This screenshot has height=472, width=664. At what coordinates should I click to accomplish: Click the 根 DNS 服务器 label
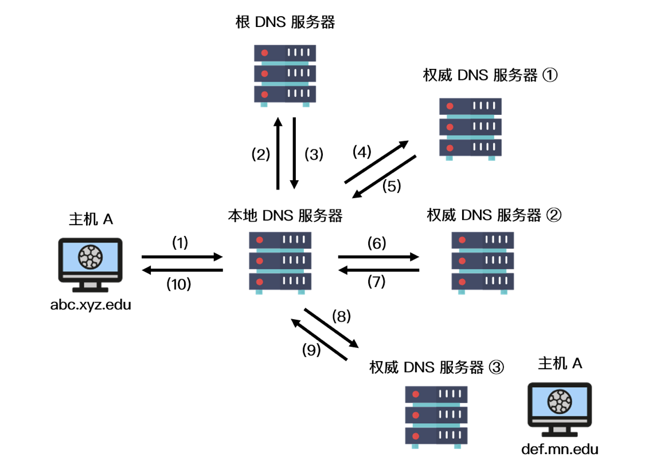coord(285,22)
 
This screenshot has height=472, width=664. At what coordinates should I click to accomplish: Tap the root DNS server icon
coord(285,74)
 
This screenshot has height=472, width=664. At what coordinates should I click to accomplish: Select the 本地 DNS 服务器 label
coord(285,216)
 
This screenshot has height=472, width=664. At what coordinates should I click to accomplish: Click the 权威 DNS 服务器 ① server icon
coord(470,127)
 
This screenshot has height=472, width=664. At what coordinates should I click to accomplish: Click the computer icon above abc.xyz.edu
coord(91,262)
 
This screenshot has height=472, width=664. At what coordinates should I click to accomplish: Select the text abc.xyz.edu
coord(91,305)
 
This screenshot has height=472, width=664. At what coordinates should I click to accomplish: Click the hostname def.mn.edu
coord(560,448)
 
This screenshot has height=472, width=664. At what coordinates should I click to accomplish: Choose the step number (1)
coord(180,243)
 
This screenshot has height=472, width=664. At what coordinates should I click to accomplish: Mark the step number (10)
coord(178,284)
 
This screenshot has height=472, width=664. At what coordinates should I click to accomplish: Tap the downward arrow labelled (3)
coord(295,153)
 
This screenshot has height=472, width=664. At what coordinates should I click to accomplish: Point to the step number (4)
coord(362,152)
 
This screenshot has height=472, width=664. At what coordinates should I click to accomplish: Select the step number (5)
coord(391,185)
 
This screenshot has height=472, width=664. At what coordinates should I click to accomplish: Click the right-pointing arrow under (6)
coord(378,257)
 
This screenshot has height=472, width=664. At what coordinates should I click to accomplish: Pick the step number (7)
coord(376,282)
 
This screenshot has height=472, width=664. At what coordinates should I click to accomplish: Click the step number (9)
coord(311,350)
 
